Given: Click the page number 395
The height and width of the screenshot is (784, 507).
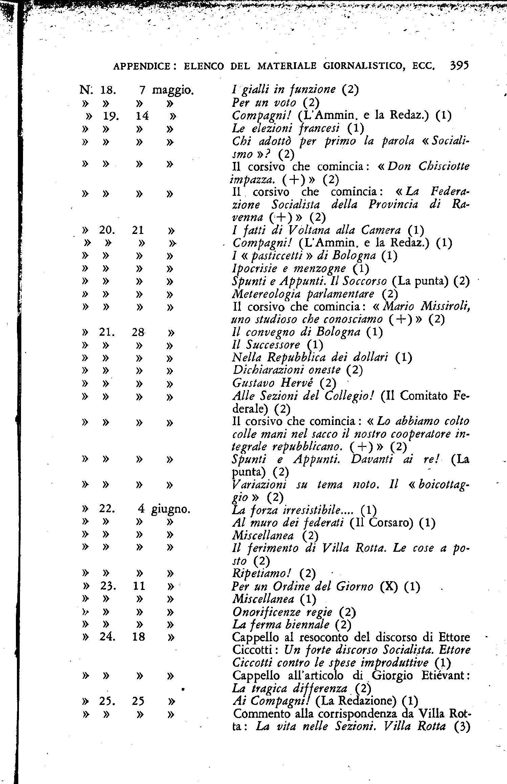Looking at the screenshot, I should pos(459,65).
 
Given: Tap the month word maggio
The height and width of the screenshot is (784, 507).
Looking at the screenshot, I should pos(173,90).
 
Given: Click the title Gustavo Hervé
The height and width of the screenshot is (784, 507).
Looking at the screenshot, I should pos(278,383).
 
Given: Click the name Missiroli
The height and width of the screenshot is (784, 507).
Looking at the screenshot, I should pos(445,307).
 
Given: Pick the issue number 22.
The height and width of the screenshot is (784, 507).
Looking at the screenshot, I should pos(107,509).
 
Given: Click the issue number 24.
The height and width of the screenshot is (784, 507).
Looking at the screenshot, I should pos(108,637).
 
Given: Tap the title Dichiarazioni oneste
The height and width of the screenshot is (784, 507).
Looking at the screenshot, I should pos(287,370).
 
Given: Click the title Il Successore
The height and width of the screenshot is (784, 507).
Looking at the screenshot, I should pos(266,345).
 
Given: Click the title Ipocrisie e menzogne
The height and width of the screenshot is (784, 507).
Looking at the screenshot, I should pos(289,269).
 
